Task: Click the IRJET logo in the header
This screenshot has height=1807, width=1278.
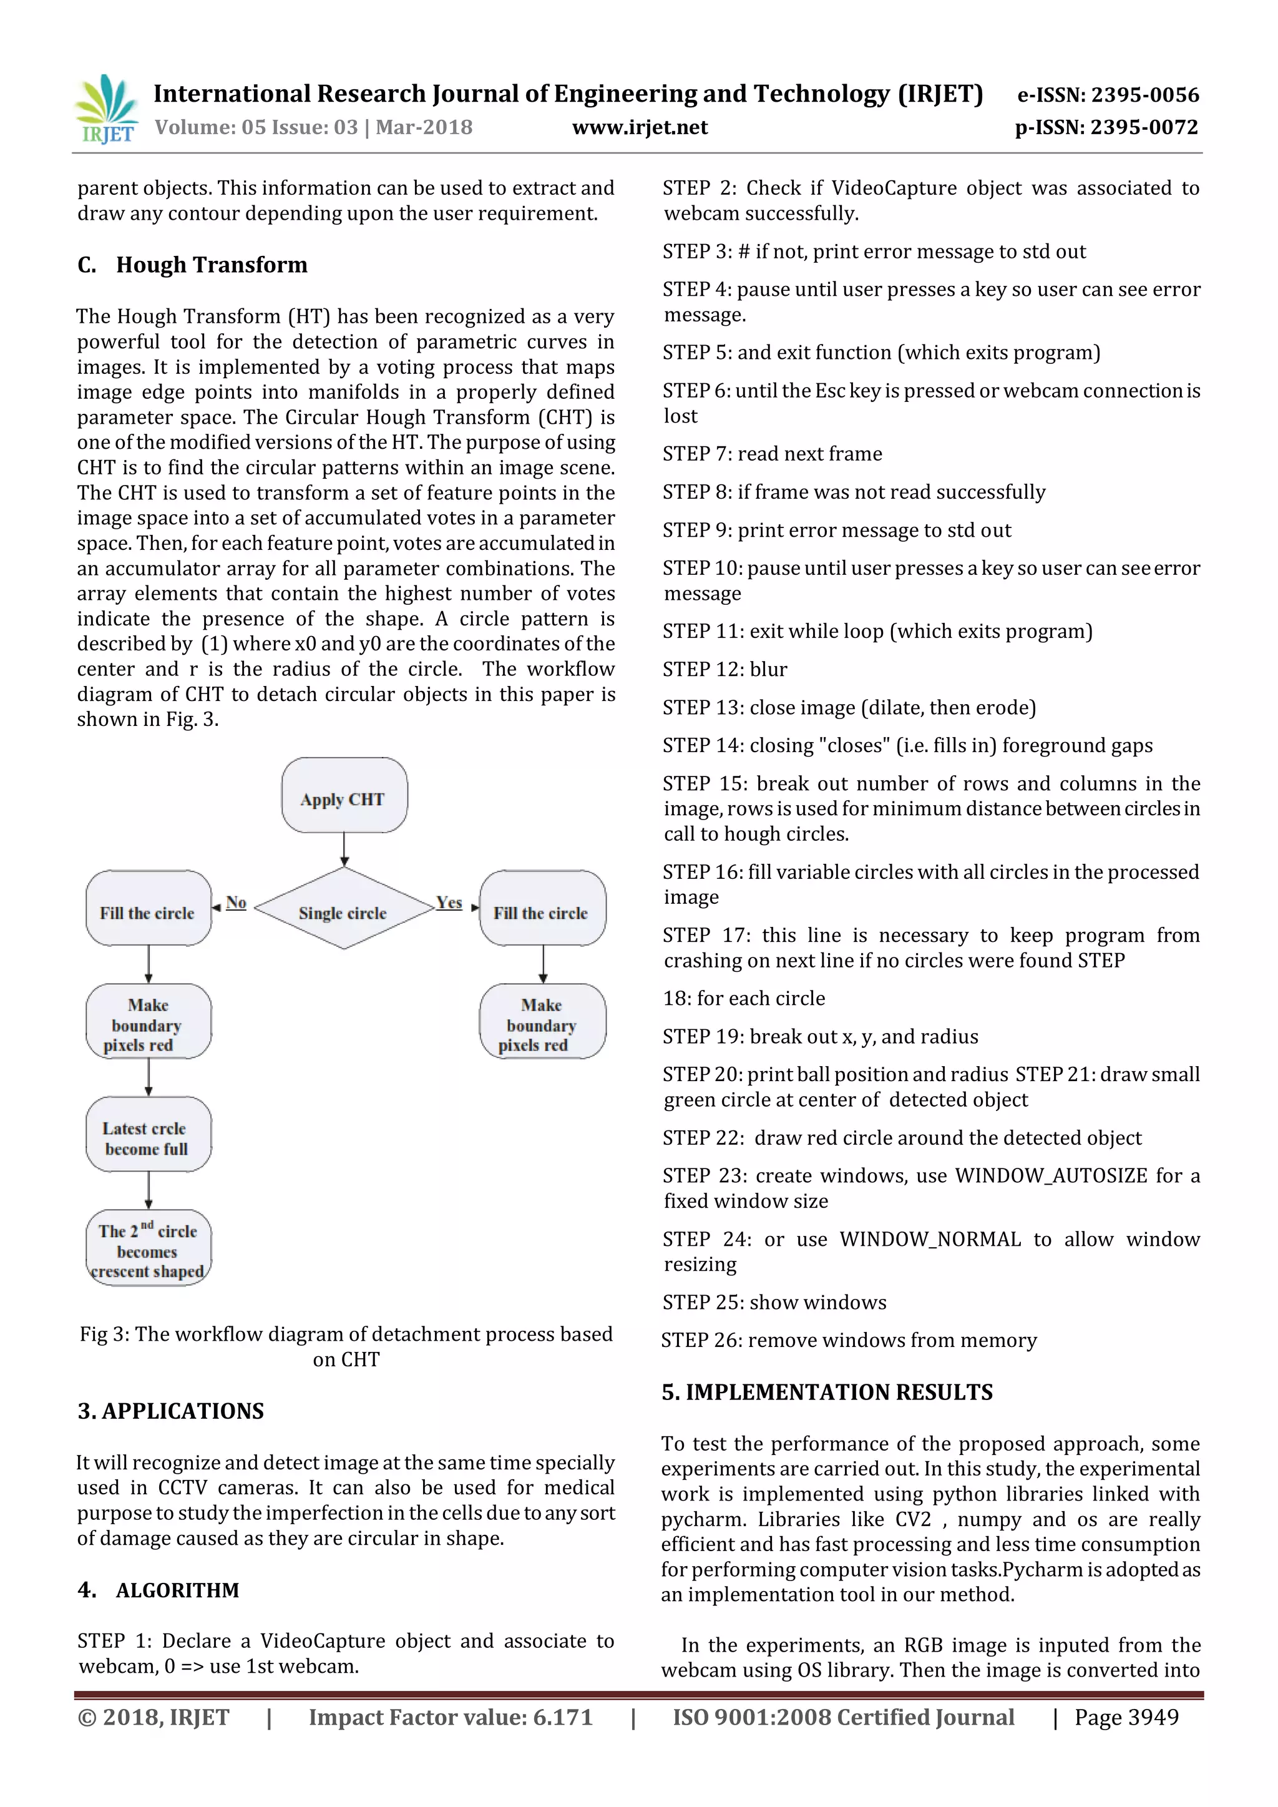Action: point(105,110)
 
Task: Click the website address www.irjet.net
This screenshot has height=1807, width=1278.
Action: point(639,127)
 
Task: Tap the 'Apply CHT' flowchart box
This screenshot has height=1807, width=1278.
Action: point(344,796)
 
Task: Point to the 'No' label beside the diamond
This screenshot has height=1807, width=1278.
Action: point(236,903)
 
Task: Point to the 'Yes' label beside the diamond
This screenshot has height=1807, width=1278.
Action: point(449,903)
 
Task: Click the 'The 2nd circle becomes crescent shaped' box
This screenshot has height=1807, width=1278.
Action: point(148,1249)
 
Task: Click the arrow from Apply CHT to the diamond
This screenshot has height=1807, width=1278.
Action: point(344,851)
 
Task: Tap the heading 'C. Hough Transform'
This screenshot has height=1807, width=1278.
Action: point(193,265)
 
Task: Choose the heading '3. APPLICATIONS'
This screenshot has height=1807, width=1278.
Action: point(171,1411)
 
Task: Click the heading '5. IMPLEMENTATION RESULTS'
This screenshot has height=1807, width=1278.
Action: point(826,1393)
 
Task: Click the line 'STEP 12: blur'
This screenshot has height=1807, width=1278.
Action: point(724,670)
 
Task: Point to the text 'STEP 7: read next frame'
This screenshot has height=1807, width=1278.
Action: point(772,454)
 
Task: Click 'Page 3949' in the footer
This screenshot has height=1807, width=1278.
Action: point(1126,1717)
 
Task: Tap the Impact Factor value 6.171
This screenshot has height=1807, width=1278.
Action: point(562,1717)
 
